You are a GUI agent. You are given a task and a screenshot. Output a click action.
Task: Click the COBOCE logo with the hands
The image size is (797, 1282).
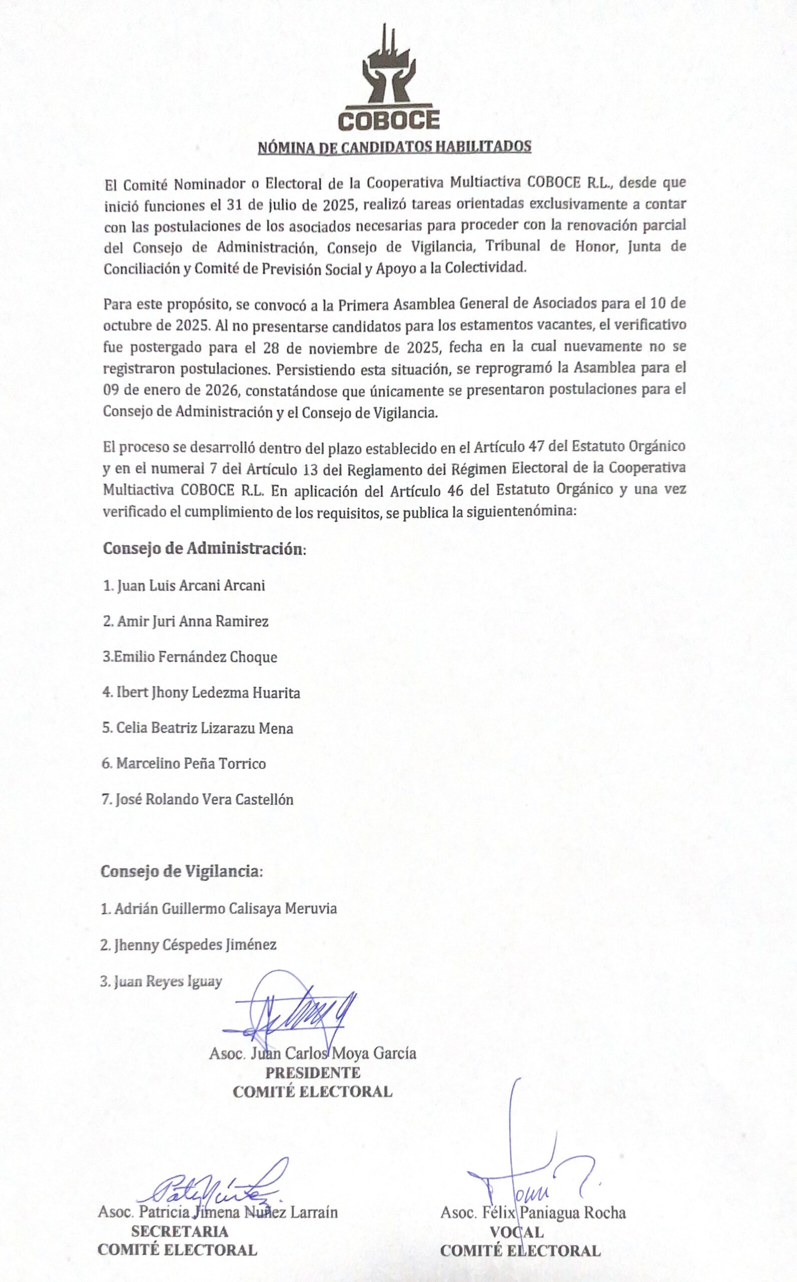388,79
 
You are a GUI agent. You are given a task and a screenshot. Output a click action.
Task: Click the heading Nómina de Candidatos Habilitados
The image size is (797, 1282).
394,147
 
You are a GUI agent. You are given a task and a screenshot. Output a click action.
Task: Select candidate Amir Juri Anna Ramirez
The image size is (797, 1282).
186,621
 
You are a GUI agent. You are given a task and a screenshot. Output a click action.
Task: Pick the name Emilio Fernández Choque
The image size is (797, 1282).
189,658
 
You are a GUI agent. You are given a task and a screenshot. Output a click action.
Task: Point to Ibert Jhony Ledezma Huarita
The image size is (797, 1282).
201,693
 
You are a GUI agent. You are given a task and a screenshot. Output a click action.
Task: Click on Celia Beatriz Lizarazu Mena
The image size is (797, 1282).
197,729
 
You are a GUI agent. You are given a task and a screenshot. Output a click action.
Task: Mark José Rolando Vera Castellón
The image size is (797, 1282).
197,800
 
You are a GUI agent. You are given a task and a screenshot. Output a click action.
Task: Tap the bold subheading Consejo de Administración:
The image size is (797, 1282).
204,549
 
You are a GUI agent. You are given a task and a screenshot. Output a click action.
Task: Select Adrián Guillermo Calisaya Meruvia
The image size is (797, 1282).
218,908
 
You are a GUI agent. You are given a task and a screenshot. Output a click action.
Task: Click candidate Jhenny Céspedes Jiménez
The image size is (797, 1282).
188,944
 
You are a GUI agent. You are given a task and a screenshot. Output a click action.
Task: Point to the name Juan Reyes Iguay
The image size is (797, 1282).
161,981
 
